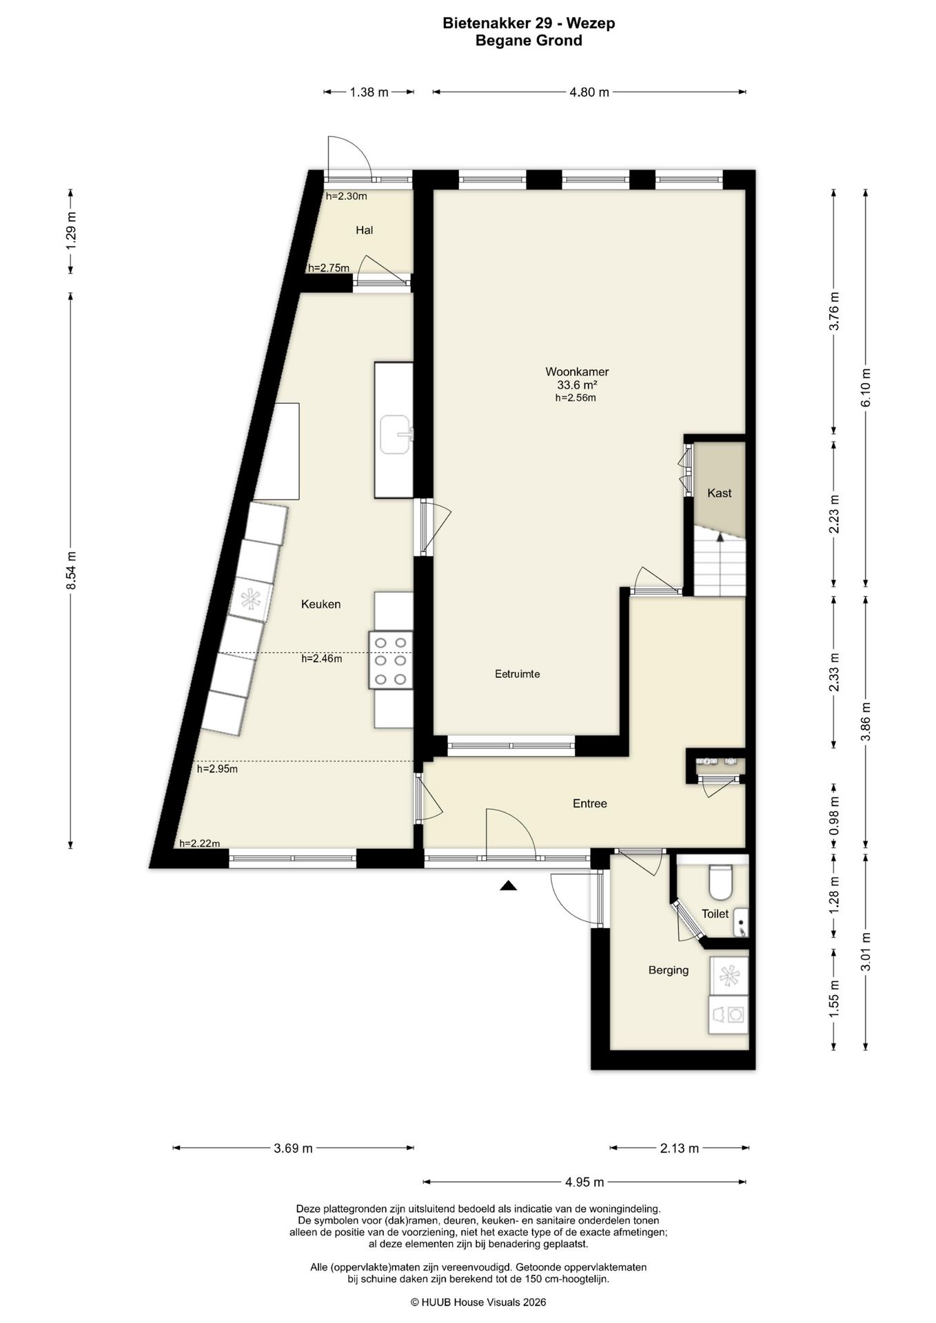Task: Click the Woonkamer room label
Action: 577,372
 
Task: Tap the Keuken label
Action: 321,604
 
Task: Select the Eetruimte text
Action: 518,674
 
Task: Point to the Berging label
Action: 669,970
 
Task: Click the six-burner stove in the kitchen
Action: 391,660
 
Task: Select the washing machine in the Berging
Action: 728,1014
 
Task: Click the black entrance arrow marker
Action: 508,886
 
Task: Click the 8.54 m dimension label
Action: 70,571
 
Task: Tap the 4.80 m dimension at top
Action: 589,92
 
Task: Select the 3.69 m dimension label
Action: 293,1148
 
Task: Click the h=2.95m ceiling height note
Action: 217,769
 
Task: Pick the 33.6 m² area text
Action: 576,385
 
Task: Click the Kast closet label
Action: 720,493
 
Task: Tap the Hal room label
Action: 365,230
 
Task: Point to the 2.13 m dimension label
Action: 680,1148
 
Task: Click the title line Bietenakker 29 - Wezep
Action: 529,23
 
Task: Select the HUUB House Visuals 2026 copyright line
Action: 478,1302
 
